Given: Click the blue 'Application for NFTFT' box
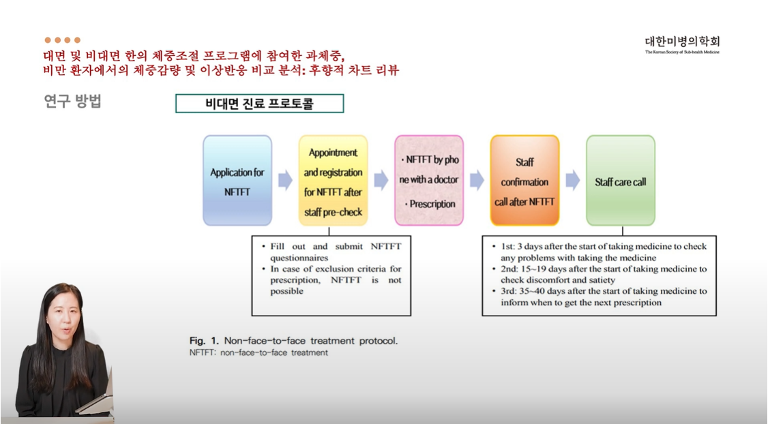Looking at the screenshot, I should (237, 181).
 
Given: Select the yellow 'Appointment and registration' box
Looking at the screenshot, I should (333, 181).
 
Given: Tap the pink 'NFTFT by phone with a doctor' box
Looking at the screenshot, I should (429, 181).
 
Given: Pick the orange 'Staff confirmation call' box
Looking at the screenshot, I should (524, 181).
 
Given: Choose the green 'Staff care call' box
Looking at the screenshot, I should (621, 181).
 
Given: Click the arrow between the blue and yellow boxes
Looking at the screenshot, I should (285, 181).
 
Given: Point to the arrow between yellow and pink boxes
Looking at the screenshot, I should (381, 181).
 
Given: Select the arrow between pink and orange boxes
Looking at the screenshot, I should (477, 181).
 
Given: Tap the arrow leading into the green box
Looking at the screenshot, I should (573, 181).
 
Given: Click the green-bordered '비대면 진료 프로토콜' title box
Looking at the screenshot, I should (260, 104).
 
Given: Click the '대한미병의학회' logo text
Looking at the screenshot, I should (682, 42).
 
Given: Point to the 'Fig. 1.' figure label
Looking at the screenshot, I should (205, 340).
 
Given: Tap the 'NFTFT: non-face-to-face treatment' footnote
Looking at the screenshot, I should (258, 352).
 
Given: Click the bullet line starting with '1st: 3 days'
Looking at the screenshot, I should (599, 252).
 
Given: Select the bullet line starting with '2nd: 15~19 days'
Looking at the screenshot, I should (599, 274).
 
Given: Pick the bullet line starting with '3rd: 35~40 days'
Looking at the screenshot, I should (599, 297).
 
